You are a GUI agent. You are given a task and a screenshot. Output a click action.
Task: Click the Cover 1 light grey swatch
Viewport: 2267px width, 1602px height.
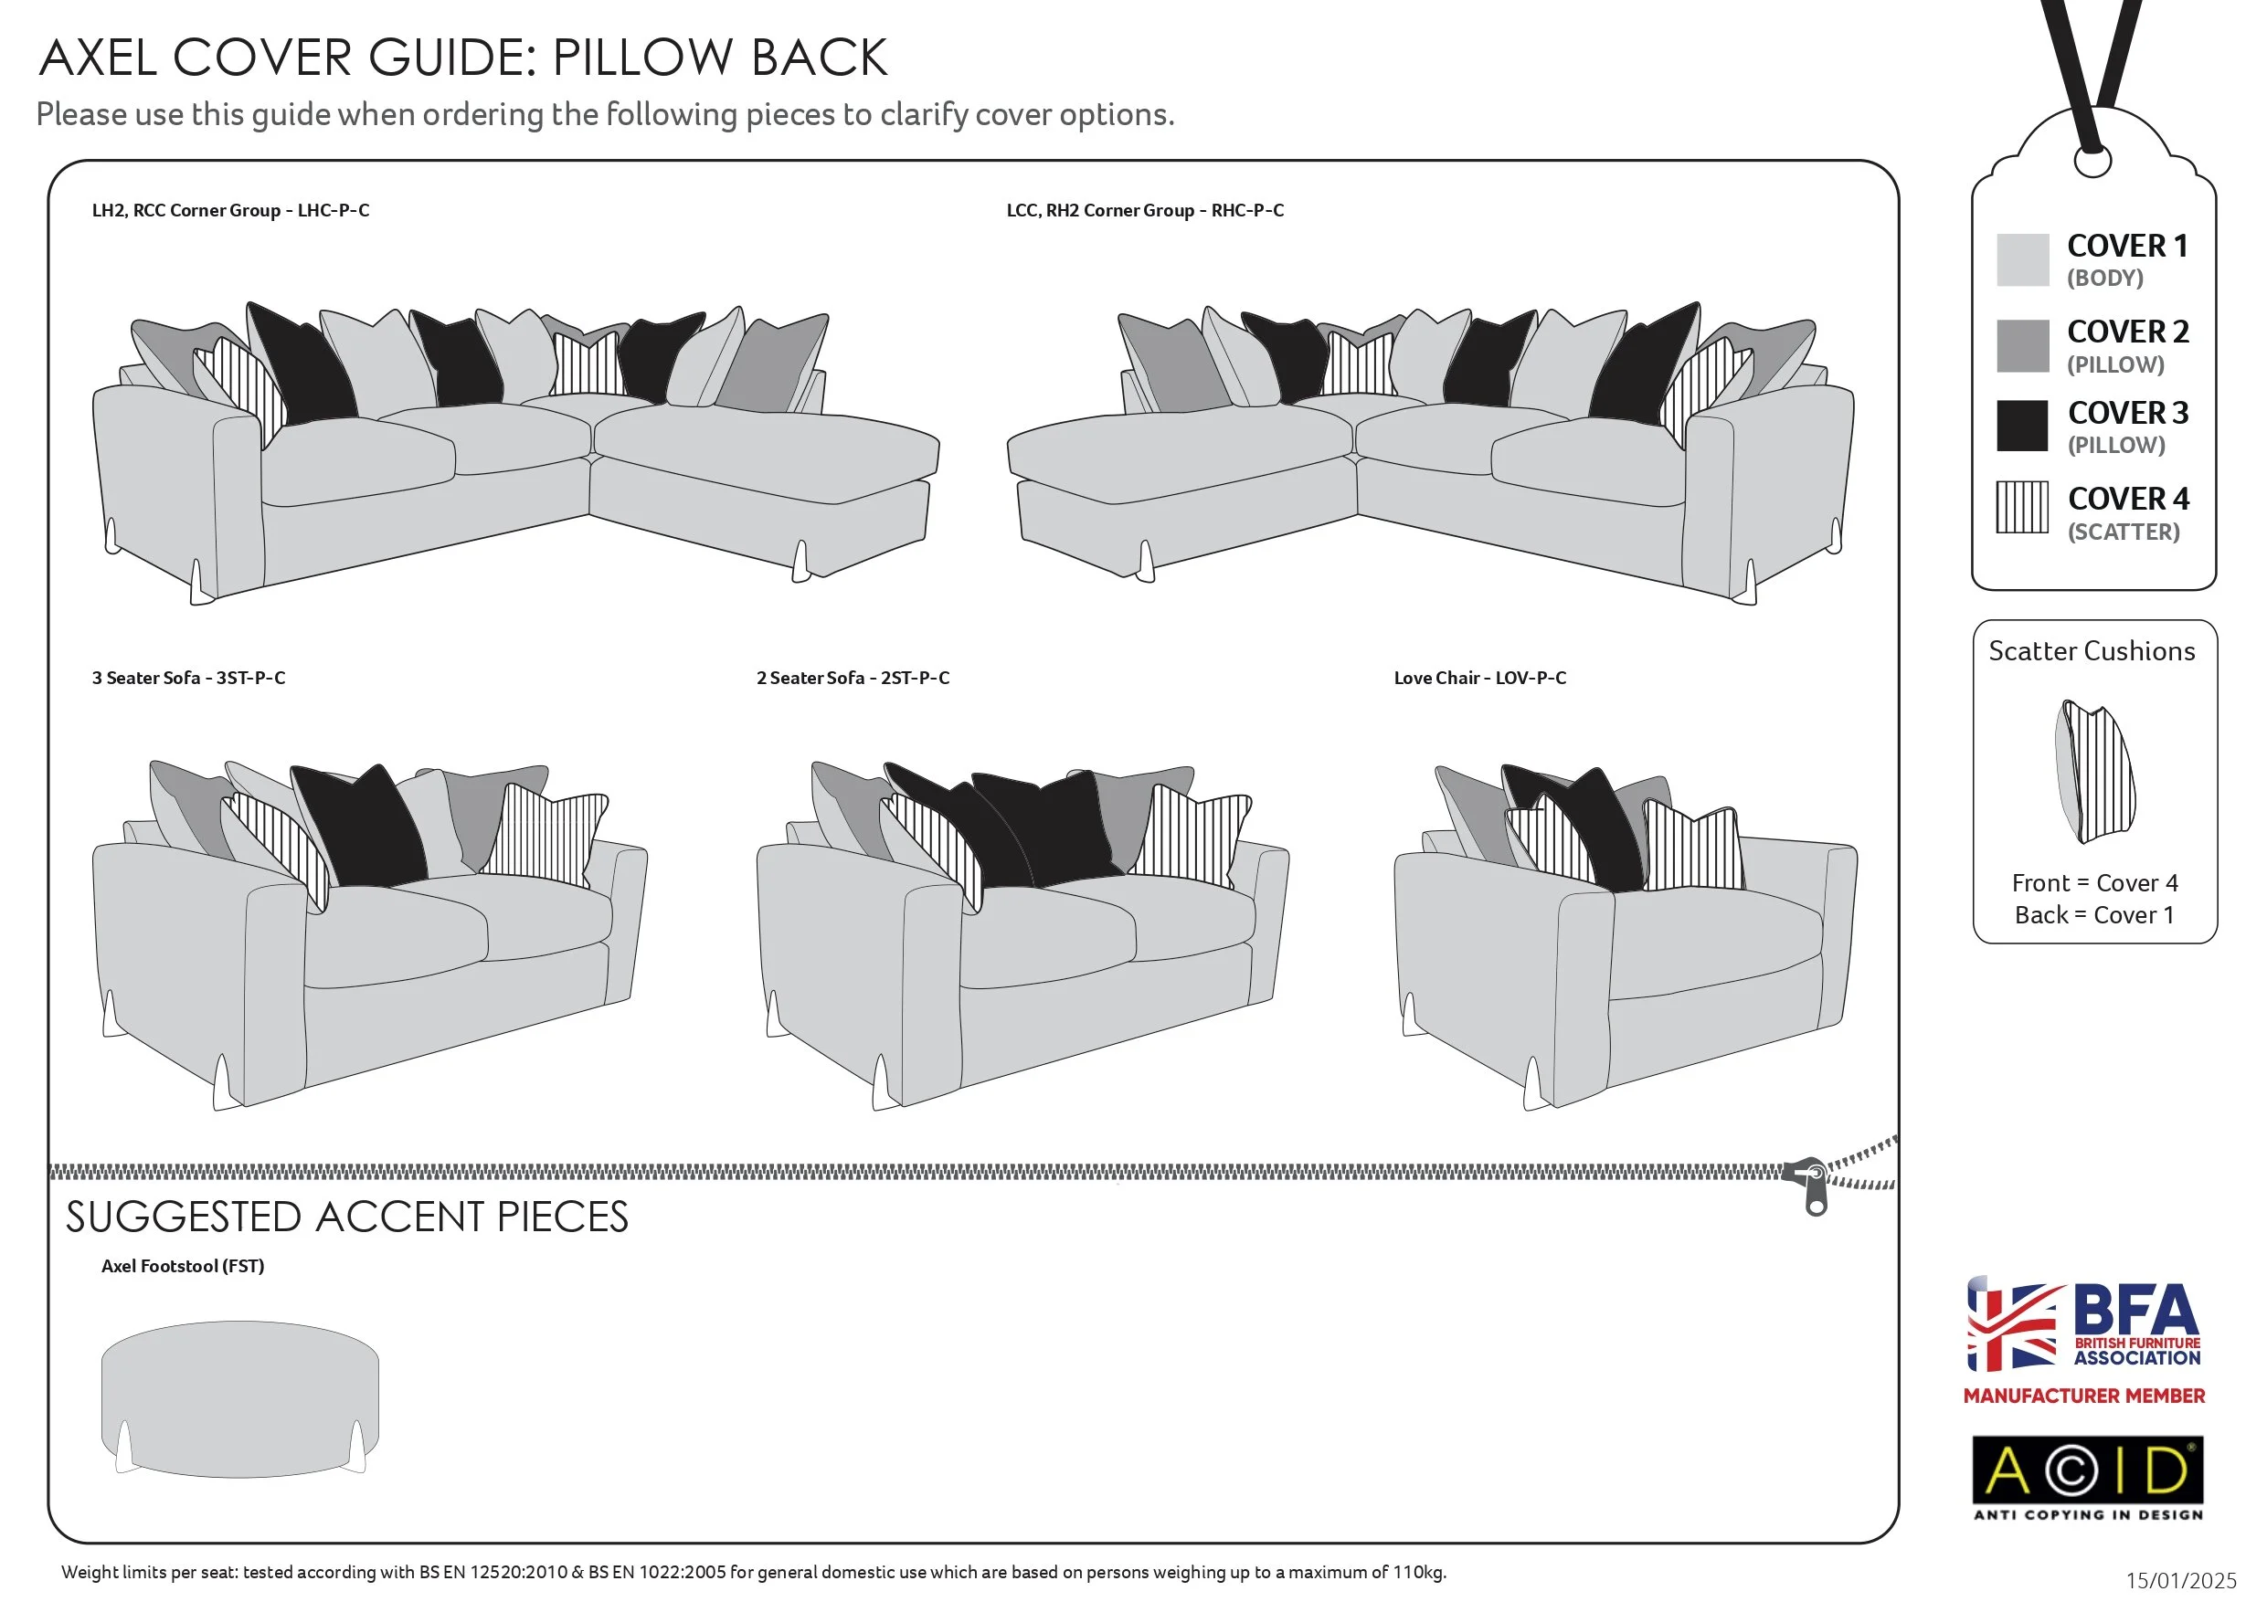(2022, 259)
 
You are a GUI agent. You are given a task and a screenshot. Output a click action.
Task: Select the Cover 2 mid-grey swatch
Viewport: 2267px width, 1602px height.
(2022, 345)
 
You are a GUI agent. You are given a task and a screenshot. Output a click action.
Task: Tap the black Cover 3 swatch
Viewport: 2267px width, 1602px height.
(2022, 426)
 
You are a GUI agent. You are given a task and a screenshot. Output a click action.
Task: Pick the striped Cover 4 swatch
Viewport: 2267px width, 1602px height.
(2022, 507)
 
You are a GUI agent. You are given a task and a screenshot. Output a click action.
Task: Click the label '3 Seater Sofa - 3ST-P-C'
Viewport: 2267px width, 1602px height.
(188, 678)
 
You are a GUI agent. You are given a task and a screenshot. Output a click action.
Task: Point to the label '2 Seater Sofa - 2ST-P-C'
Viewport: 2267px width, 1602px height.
(853, 678)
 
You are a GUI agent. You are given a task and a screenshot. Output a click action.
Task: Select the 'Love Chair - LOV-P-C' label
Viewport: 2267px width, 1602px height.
(1479, 678)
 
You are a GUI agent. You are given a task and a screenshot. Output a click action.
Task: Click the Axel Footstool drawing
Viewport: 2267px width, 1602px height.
(240, 1397)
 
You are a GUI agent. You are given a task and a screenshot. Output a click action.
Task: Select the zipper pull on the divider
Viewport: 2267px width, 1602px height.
(1815, 1186)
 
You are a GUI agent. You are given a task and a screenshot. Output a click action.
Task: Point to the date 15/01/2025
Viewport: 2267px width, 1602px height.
(2180, 1580)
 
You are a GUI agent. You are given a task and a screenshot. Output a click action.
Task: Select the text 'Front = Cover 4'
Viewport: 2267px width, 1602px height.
(2094, 882)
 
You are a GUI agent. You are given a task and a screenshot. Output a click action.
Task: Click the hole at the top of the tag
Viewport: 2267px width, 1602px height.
(2092, 159)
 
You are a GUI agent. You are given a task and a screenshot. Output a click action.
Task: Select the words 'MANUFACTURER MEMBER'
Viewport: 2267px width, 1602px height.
(2083, 1396)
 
